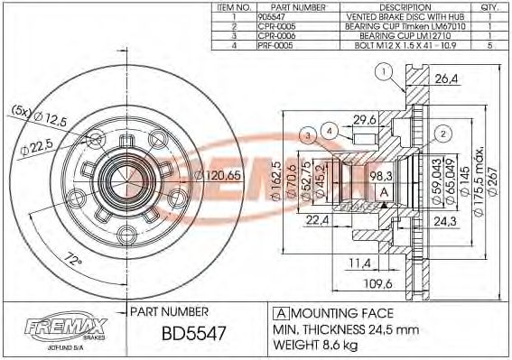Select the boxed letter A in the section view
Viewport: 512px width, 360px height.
[x=382, y=193]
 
